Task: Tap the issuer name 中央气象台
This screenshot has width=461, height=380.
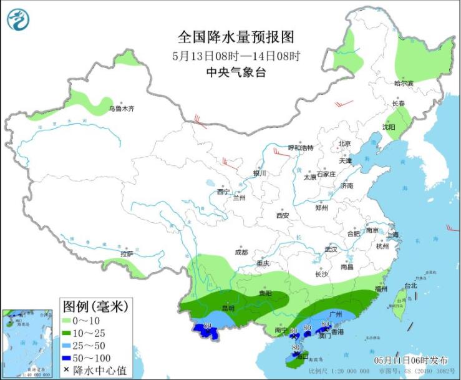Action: pos(236,72)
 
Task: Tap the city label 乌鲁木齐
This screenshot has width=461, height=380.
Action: pos(122,109)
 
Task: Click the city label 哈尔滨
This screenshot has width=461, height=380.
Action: pos(404,83)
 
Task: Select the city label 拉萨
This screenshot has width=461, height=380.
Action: pos(127,254)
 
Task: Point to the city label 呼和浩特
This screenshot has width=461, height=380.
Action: pos(300,148)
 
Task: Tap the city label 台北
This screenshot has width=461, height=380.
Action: pos(410,286)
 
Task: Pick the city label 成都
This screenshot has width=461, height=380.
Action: pos(241,252)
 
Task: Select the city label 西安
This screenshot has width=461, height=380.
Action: pos(283,215)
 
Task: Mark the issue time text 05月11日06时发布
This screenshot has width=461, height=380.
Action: pos(410,360)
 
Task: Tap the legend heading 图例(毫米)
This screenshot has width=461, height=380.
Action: pos(95,306)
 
